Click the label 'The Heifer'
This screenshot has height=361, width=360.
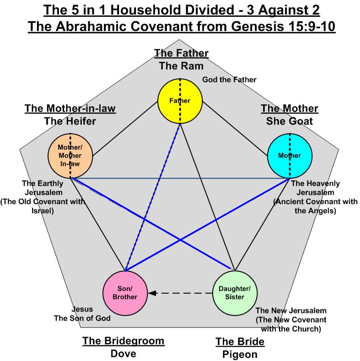click(x=70, y=121)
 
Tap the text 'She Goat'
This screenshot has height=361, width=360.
click(x=290, y=121)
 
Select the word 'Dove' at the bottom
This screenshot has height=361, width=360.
click(x=123, y=354)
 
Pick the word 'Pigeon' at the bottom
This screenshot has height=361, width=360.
click(x=240, y=354)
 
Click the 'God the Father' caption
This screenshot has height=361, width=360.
click(x=229, y=80)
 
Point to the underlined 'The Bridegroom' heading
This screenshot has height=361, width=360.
click(x=123, y=341)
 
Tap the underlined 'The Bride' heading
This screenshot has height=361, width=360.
click(x=240, y=341)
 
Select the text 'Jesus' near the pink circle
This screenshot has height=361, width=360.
click(x=83, y=309)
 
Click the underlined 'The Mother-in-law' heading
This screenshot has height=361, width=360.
click(x=70, y=109)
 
